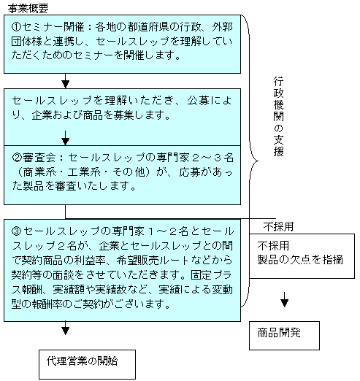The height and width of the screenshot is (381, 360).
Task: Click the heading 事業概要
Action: [x=28, y=9]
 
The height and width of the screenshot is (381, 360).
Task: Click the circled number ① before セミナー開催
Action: [x=17, y=27]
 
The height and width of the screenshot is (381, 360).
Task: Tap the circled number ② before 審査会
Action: [x=18, y=158]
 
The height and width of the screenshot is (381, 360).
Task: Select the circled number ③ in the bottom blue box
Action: [x=17, y=231]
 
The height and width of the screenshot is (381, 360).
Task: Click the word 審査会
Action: [x=39, y=158]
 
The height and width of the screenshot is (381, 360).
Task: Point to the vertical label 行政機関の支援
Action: [x=278, y=116]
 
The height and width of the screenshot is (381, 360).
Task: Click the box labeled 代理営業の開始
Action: [x=87, y=364]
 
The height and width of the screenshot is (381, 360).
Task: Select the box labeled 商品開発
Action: [x=284, y=336]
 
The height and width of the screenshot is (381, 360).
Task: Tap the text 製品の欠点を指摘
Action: [x=300, y=260]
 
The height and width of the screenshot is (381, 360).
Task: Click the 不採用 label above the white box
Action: [x=278, y=227]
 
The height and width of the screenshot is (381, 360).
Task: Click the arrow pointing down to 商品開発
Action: [x=284, y=299]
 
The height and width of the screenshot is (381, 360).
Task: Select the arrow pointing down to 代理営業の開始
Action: [x=65, y=328]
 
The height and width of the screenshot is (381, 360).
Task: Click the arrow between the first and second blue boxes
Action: [x=65, y=81]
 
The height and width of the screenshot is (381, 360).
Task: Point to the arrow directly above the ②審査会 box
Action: [x=65, y=138]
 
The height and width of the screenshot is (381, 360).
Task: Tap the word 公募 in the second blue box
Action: [x=198, y=101]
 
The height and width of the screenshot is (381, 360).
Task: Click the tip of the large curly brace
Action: [x=258, y=161]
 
